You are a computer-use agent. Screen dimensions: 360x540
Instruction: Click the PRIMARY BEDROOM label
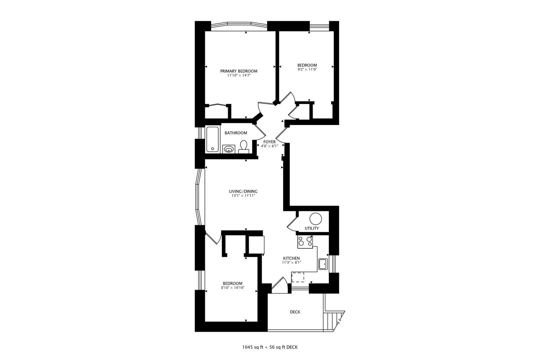pos(239,71)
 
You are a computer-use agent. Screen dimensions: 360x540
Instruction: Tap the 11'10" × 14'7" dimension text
pos(239,76)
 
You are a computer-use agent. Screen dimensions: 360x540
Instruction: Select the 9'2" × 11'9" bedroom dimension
pos(307,70)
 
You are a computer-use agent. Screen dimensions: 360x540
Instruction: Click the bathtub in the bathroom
pos(212,139)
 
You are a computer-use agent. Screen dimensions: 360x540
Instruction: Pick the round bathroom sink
pos(228,149)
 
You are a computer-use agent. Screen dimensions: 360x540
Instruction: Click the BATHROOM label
pos(236,133)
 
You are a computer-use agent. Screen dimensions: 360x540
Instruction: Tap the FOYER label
pos(269,142)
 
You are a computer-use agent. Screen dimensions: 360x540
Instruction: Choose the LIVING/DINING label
pos(243,191)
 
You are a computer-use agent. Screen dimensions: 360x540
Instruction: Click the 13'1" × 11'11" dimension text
pos(243,196)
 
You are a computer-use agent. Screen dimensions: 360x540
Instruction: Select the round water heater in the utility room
pos(316,219)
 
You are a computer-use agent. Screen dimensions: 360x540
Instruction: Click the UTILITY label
pos(312,228)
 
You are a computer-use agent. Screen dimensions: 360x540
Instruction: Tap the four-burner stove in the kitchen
pos(305,242)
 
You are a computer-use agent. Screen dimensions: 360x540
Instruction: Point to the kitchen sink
pos(323,264)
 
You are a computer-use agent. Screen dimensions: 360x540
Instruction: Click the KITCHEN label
pos(291,258)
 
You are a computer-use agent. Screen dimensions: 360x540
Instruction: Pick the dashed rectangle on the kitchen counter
pos(298,277)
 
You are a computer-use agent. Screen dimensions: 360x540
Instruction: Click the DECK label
pos(295,312)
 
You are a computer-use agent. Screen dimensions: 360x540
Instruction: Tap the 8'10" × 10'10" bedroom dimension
pos(233,288)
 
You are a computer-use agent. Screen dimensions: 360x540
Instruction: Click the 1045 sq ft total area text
pos(254,347)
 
